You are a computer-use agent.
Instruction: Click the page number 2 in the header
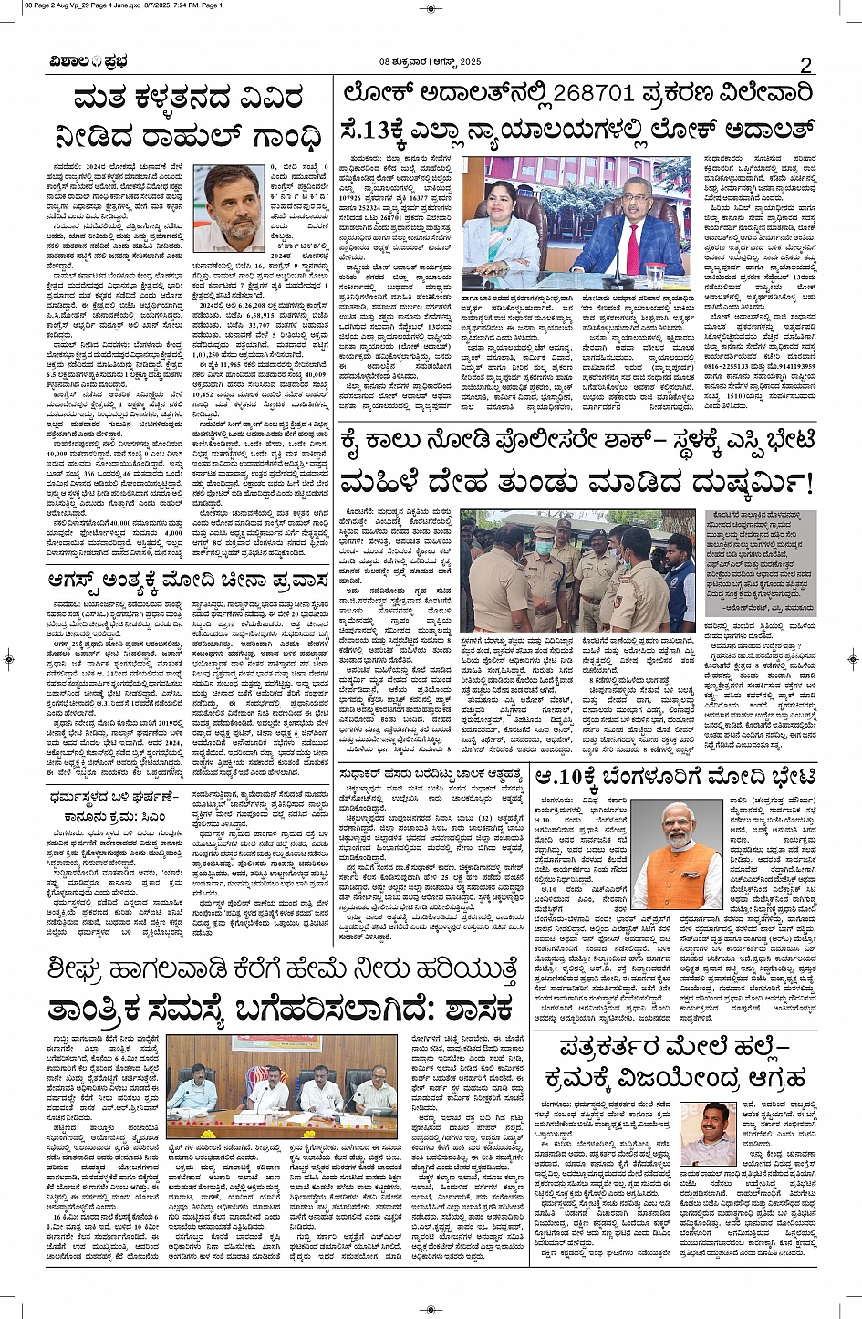(805, 64)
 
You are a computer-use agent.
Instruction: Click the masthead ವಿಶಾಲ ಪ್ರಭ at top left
(89, 62)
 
